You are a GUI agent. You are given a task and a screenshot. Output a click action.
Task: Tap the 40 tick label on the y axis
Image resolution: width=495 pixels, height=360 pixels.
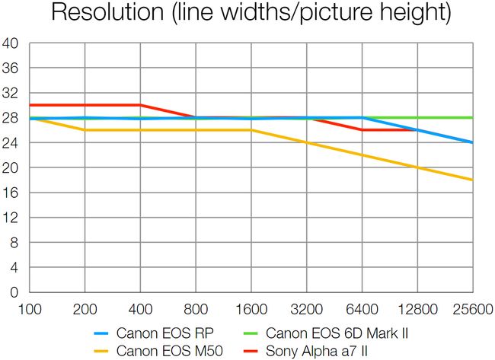[11, 43]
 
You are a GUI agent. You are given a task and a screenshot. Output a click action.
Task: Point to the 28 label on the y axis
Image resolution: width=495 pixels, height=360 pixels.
[11, 118]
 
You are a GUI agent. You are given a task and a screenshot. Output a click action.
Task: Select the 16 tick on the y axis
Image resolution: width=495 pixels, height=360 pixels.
[11, 193]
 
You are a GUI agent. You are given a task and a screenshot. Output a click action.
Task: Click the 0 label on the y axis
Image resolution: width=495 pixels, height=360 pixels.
[14, 292]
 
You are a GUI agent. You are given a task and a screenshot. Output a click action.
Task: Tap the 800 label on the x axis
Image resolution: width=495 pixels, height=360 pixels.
[196, 310]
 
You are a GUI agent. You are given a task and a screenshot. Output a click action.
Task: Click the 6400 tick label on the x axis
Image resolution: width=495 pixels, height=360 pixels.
[362, 310]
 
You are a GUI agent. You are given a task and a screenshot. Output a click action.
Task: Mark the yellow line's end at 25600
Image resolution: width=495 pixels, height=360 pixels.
[472, 180]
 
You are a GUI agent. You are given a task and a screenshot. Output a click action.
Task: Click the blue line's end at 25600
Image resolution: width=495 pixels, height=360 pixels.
[472, 142]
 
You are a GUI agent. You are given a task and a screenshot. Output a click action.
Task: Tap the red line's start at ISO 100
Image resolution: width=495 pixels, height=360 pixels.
[30, 105]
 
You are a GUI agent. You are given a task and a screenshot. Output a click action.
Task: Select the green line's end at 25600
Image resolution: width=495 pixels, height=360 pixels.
[472, 118]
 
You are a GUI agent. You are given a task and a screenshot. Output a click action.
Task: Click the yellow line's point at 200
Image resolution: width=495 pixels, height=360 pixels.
[85, 130]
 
